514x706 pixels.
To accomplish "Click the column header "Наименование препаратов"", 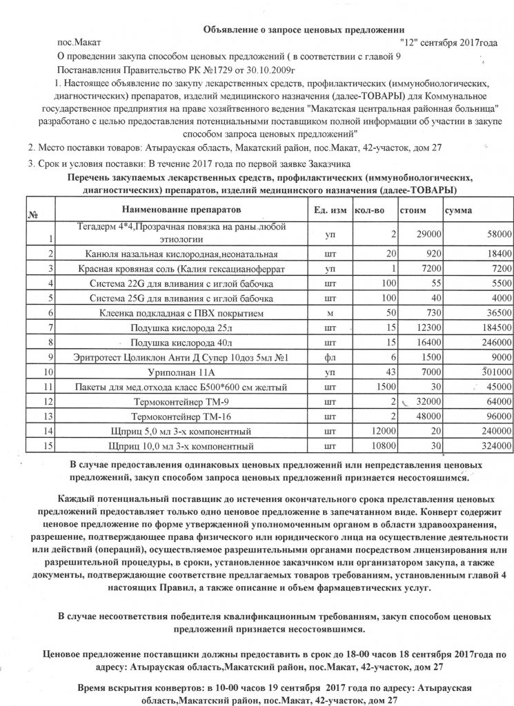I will [x=181, y=208].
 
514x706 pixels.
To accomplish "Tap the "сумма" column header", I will [x=459, y=209].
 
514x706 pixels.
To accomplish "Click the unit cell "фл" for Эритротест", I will [x=330, y=357].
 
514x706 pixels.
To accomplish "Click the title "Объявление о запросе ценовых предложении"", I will [x=302, y=28].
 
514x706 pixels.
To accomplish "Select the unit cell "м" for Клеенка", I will [x=330, y=312].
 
